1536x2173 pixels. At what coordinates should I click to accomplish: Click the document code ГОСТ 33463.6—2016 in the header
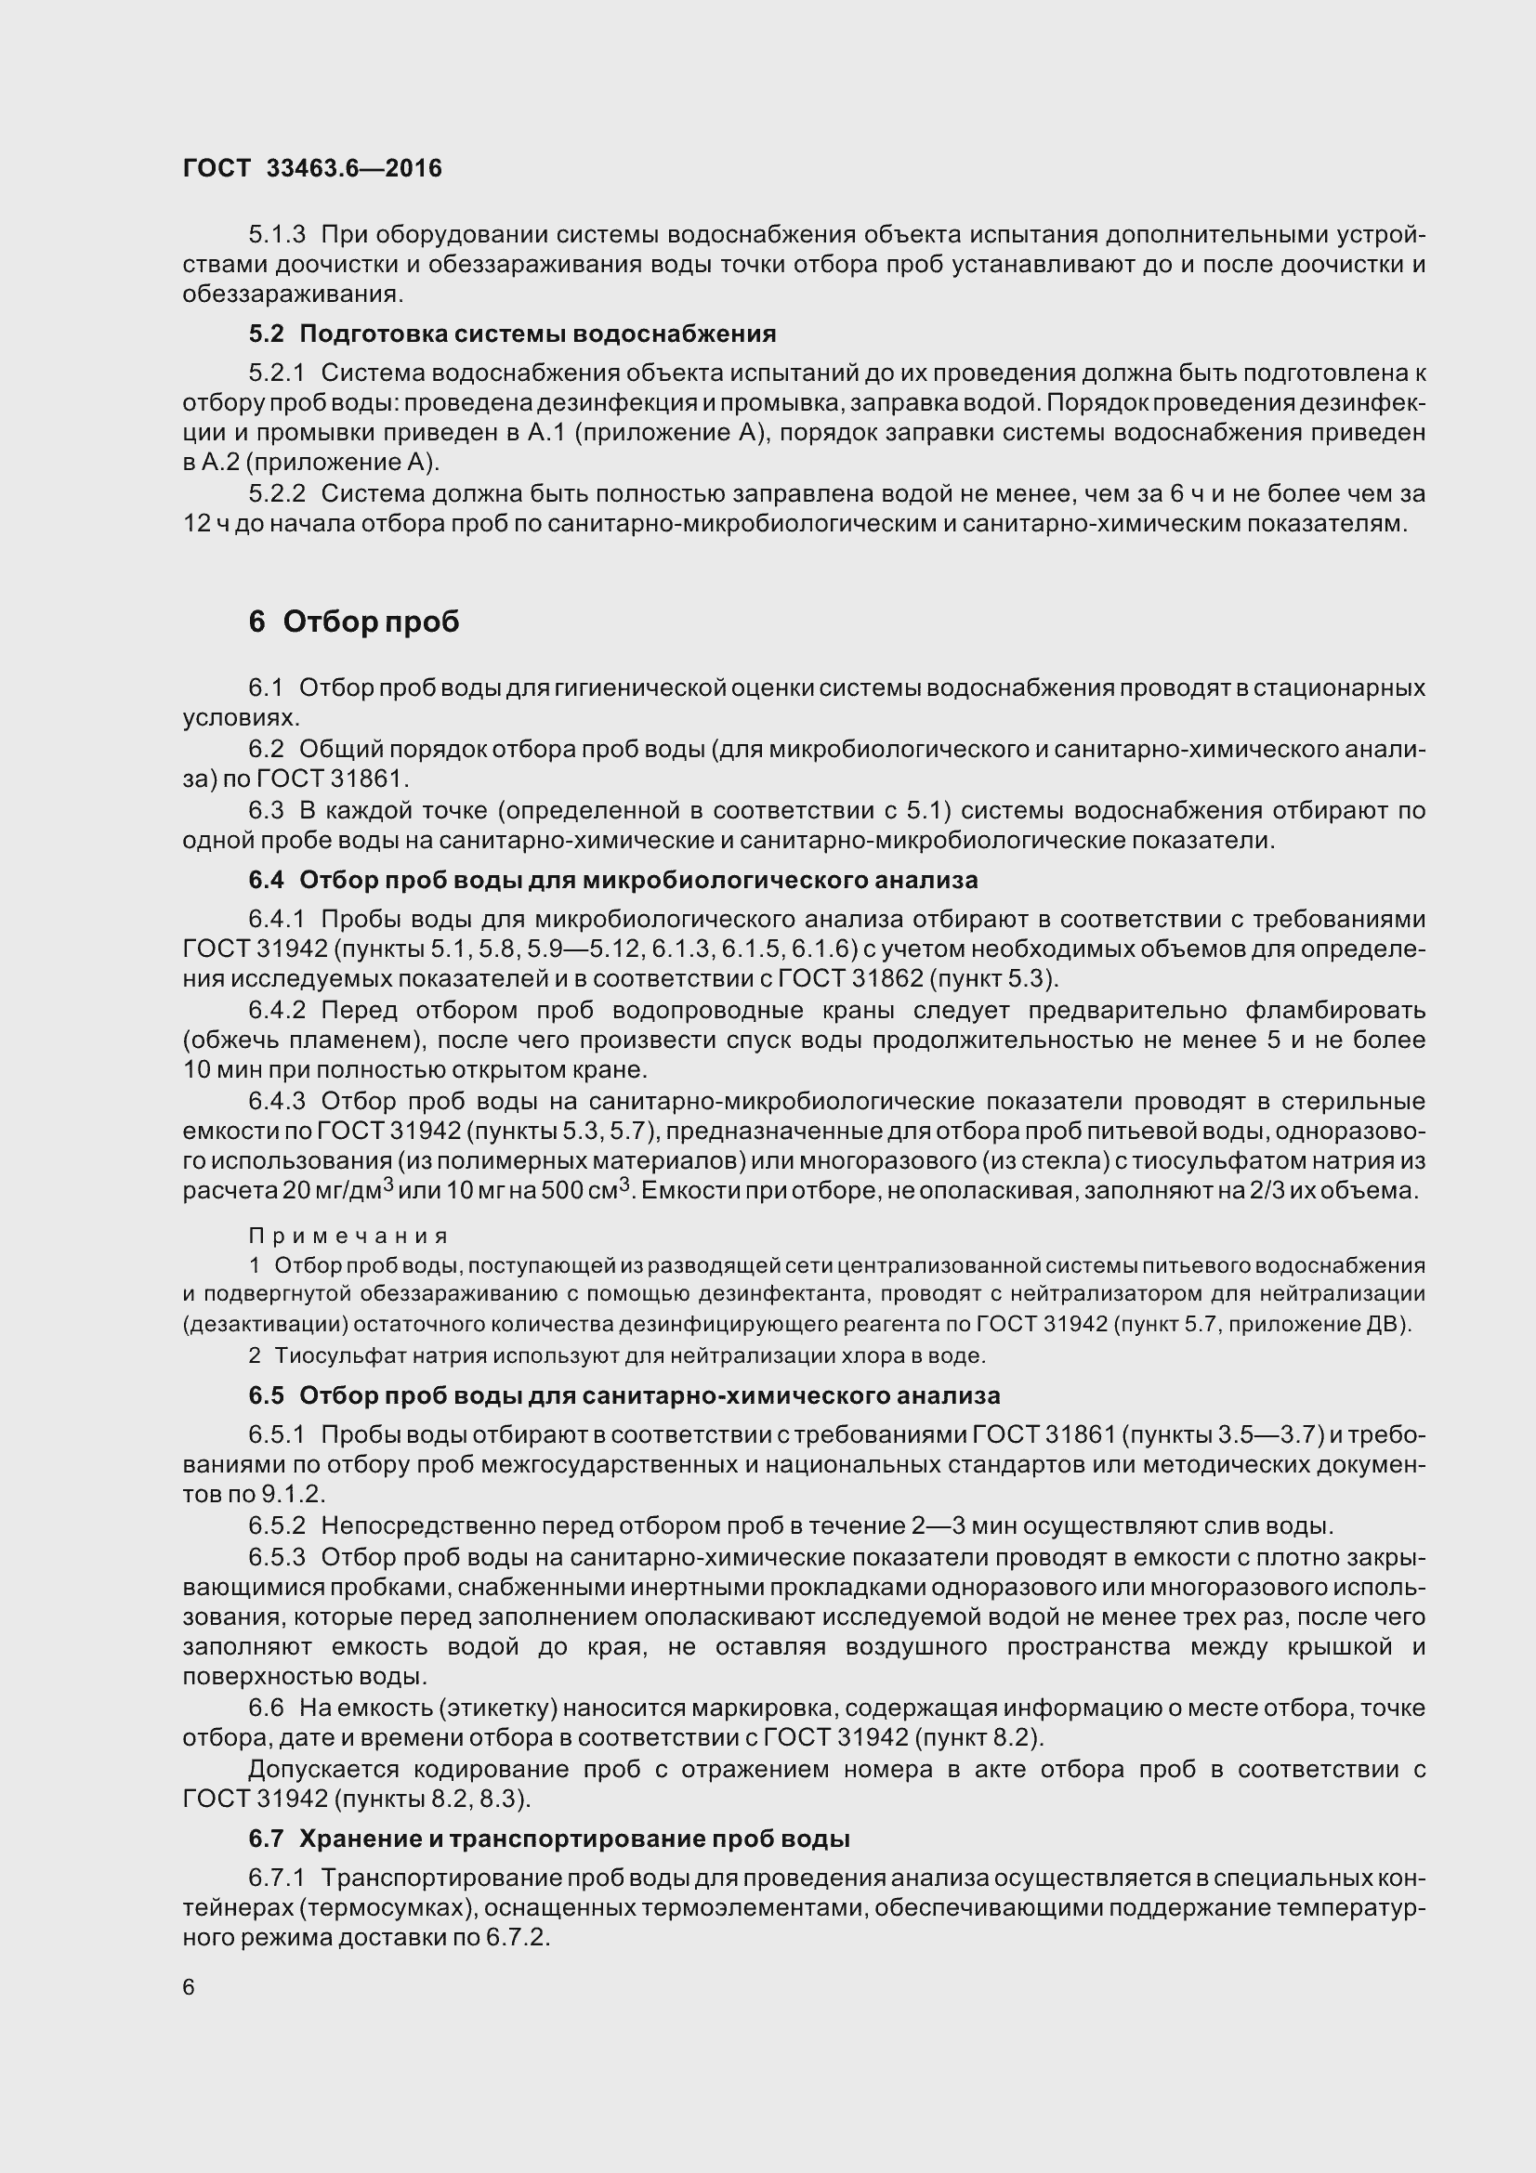[312, 168]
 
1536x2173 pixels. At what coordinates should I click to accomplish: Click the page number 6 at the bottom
[190, 1986]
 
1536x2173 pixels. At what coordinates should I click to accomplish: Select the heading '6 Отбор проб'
[354, 622]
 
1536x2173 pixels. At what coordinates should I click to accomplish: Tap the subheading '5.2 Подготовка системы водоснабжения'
[512, 334]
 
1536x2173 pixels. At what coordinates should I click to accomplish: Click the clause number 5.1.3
[277, 234]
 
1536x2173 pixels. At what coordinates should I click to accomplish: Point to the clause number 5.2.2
[277, 493]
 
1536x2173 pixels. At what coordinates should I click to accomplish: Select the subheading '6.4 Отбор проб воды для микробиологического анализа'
[612, 880]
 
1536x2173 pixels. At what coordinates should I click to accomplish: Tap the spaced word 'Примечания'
[348, 1236]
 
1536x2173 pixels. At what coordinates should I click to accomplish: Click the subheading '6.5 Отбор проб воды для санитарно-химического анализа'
[624, 1396]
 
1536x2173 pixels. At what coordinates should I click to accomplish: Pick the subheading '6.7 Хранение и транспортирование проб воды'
[549, 1839]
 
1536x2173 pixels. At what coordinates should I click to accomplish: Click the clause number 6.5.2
[277, 1525]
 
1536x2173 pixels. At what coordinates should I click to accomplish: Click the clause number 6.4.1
[277, 919]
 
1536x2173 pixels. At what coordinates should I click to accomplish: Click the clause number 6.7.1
[277, 1878]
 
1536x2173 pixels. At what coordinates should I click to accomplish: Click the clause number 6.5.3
[277, 1557]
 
